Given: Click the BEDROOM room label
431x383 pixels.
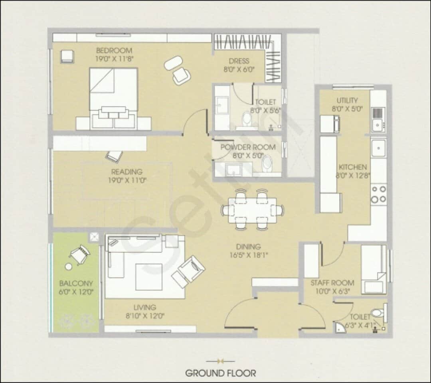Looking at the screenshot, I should (x=114, y=51).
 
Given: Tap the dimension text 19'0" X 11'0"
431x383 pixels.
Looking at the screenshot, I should (x=127, y=180).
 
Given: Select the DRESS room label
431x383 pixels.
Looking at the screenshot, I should (x=239, y=61).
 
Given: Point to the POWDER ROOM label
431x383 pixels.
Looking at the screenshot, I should (x=248, y=147).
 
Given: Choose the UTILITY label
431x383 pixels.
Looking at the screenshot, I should (x=347, y=101).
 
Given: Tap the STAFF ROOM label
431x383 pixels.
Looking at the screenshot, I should (x=330, y=283).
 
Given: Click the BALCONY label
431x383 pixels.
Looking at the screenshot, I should (x=76, y=283).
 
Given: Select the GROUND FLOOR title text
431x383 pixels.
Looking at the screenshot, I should (x=220, y=373).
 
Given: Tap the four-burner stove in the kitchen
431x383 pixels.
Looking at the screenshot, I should (x=378, y=194).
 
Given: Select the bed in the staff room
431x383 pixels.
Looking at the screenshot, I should (x=374, y=269).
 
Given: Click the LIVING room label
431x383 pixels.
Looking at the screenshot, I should (x=145, y=307).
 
